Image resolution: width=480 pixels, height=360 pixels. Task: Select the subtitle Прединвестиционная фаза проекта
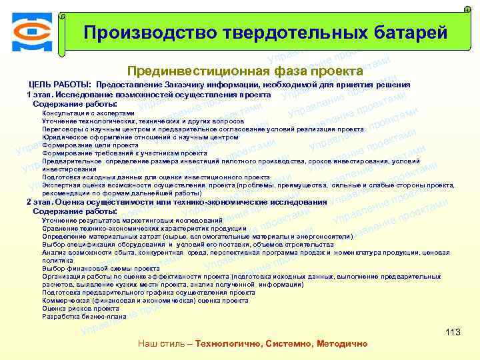[x=245, y=71]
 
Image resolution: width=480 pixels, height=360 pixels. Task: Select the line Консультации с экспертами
[x=88, y=113]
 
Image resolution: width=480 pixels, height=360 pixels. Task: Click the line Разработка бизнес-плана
[x=84, y=317]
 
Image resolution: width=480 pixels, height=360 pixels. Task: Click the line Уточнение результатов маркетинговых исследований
[x=132, y=220]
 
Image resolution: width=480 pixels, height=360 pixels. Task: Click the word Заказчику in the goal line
[x=181, y=85]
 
